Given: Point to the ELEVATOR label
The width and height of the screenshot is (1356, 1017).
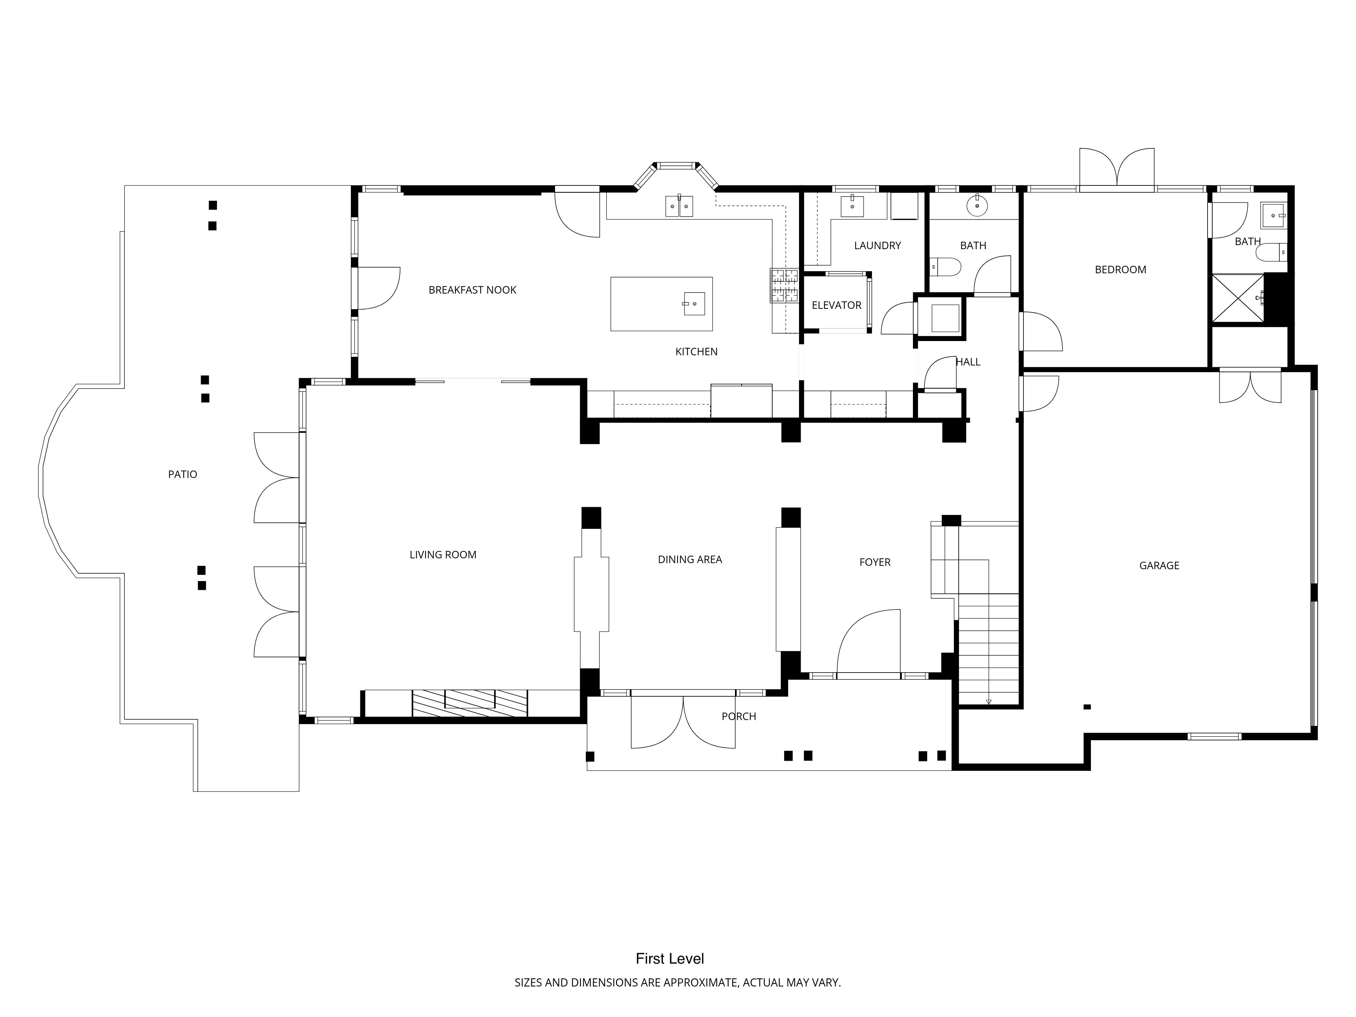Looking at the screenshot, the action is (836, 305).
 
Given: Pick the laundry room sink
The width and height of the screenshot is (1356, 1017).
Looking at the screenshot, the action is (852, 206).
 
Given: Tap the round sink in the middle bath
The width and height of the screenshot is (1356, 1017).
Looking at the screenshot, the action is (977, 206).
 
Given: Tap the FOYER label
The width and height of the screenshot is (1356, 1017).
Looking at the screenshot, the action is (875, 562).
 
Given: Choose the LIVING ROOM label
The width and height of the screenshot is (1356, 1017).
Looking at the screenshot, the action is (443, 555).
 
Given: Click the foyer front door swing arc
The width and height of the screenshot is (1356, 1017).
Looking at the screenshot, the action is (869, 641).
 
